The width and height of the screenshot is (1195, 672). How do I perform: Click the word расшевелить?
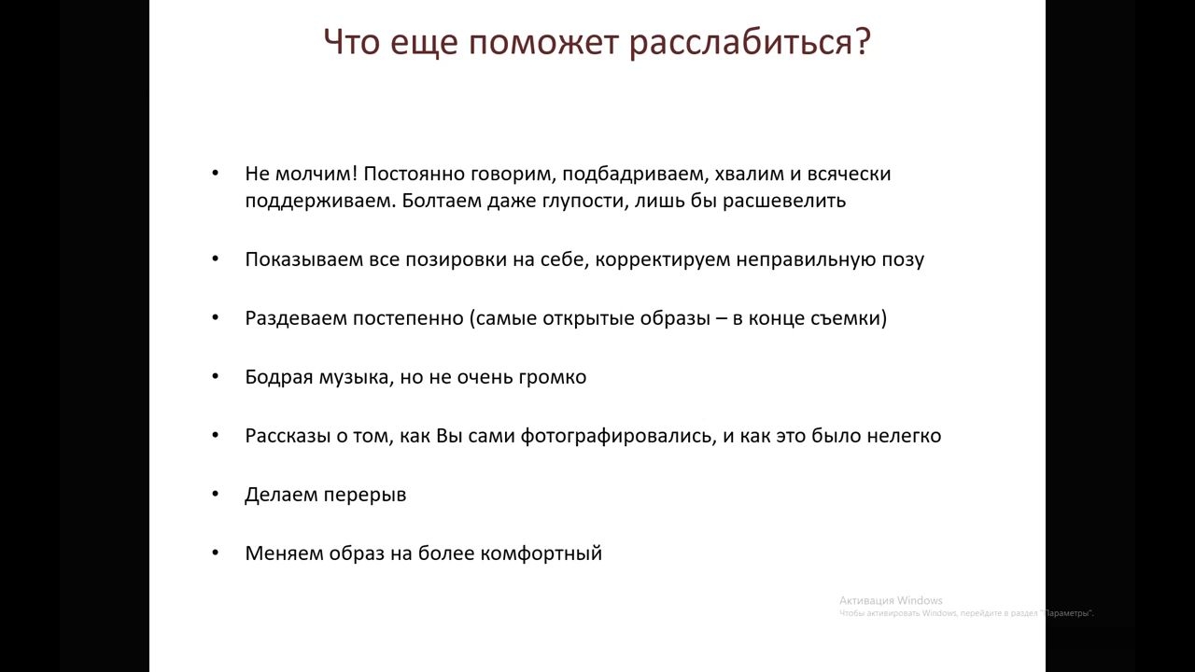point(784,201)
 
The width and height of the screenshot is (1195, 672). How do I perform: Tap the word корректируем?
point(663,259)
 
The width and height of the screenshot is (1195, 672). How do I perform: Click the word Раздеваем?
point(296,318)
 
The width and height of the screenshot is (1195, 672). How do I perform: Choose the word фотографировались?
point(619,436)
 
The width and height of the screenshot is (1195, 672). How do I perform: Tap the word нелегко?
point(904,436)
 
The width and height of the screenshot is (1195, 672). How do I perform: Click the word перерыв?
point(365,495)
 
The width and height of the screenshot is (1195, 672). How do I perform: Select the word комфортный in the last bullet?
point(541,553)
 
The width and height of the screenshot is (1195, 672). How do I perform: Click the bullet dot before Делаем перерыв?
point(215,494)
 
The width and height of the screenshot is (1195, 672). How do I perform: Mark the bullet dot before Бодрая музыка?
point(215,376)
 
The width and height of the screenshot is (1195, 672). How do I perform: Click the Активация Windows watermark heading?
point(891,600)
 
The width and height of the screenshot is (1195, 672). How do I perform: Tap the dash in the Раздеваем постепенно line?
point(722,319)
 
